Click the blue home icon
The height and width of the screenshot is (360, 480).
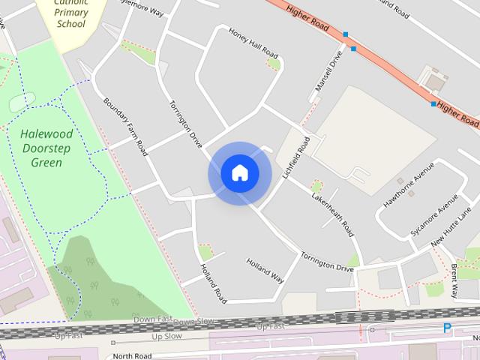tap(240, 173)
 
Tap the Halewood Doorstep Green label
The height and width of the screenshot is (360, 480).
tap(46, 148)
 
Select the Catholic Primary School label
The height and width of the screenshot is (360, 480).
tap(71, 13)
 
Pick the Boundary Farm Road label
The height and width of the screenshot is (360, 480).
tap(124, 128)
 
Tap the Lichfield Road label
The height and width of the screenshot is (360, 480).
tap(295, 157)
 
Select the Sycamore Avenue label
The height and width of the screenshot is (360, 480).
tap(434, 218)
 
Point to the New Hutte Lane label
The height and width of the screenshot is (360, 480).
tap(456, 235)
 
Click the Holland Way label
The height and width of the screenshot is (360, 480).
tap(265, 271)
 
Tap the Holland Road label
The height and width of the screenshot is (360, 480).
tap(213, 283)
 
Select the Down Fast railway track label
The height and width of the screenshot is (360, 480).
tap(153, 320)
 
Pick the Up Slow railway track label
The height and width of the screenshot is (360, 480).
tap(168, 336)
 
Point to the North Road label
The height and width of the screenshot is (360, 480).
tap(132, 355)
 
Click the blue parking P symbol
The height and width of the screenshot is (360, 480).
tap(448, 328)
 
